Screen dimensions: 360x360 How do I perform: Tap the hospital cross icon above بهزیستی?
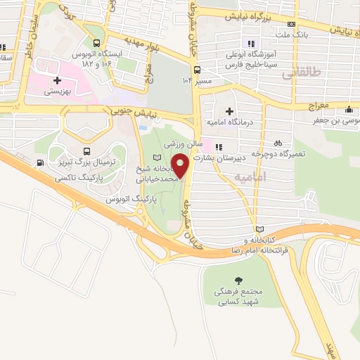[58, 80]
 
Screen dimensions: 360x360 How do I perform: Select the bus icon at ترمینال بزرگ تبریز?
[86, 151]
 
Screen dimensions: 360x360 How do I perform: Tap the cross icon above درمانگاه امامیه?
[229, 110]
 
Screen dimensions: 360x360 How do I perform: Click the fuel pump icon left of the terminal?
[39, 163]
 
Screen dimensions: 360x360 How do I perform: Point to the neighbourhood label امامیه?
[248, 176]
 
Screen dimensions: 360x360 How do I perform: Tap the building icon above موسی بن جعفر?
[349, 110]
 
